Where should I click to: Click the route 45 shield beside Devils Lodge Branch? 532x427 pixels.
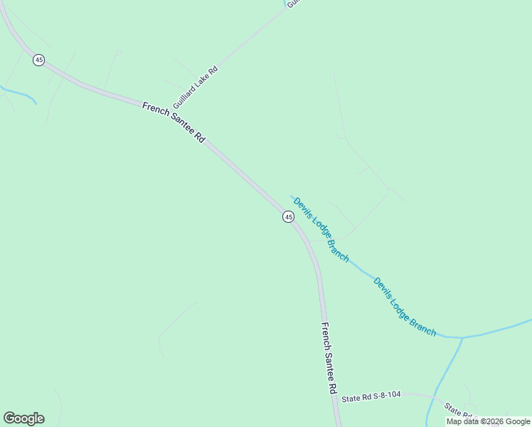288,216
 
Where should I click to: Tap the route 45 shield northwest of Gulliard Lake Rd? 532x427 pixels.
38,60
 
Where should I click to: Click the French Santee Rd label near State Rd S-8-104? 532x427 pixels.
329,359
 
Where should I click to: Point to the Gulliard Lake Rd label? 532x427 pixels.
195,85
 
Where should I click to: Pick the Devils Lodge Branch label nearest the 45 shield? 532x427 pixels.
321,229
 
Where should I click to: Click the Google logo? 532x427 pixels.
23,418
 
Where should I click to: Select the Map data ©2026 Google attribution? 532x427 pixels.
488,421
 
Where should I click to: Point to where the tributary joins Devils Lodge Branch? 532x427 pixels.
462,337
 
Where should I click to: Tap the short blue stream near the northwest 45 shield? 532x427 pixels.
20,93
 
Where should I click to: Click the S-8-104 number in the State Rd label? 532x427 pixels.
388,397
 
